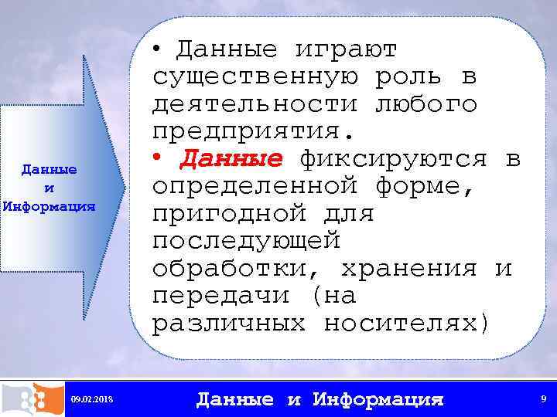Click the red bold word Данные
click(x=231, y=159)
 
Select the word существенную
click(x=255, y=77)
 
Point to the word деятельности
click(x=255, y=104)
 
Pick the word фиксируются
click(x=393, y=159)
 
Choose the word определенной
click(x=255, y=187)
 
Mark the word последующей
click(x=246, y=241)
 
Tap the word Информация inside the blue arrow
click(x=48, y=207)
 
